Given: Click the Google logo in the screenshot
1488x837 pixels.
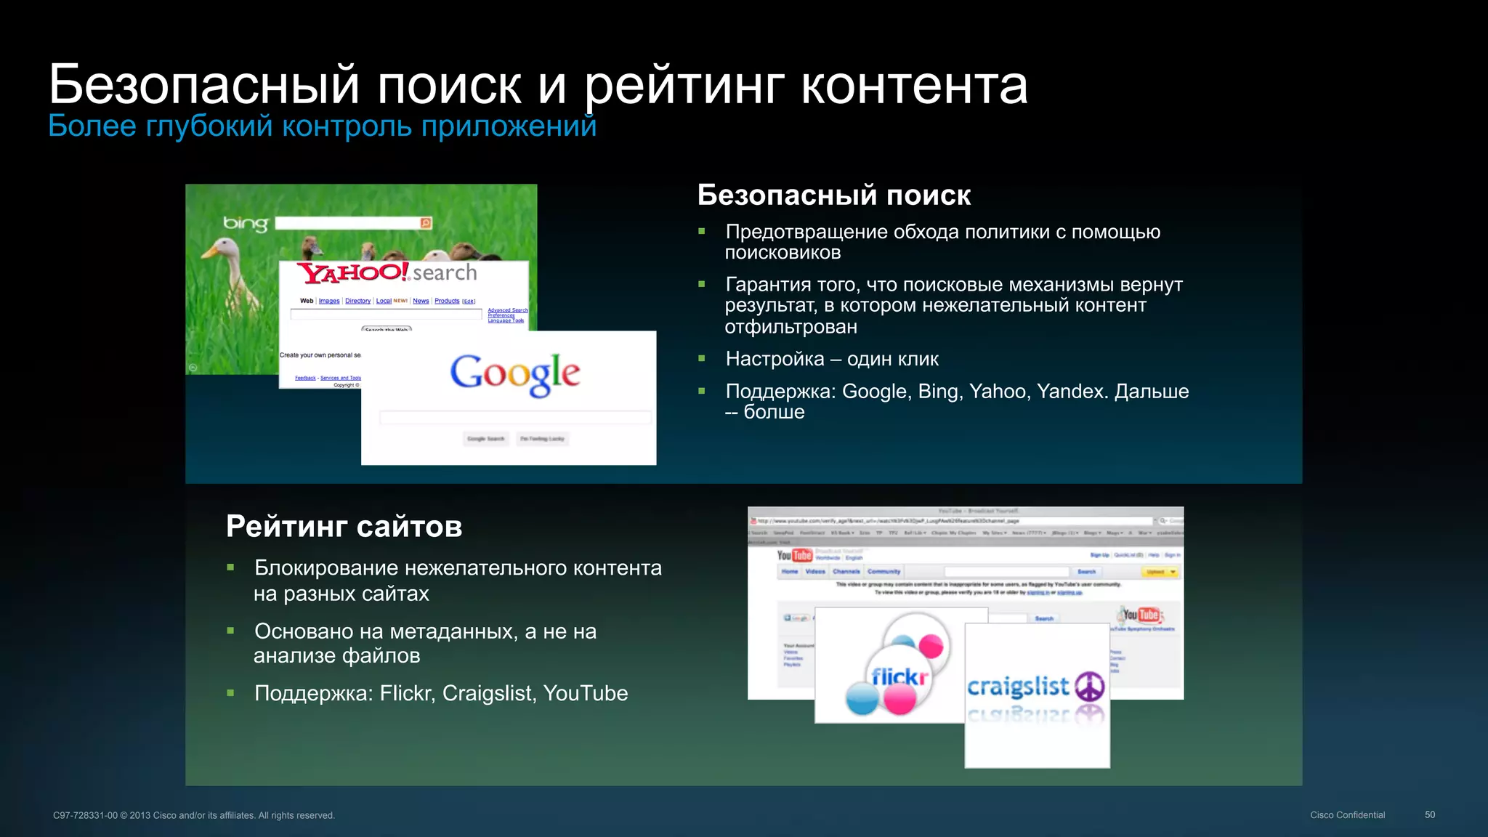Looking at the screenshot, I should [x=514, y=374].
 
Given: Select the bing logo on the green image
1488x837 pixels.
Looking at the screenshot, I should [x=246, y=224].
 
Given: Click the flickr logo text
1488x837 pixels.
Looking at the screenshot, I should [x=899, y=677].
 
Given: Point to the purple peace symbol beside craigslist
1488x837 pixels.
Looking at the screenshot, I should [x=1089, y=686].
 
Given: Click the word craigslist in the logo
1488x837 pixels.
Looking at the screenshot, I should [x=1018, y=686].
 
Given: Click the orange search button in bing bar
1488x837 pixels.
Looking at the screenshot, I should [x=426, y=223].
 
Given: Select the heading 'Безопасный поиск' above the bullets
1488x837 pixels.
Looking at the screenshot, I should [x=833, y=195].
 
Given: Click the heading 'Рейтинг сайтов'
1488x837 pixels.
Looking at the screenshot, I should [x=344, y=527].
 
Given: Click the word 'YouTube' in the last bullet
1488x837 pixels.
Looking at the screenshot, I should [x=585, y=693].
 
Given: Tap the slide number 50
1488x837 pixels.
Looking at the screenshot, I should [x=1429, y=814].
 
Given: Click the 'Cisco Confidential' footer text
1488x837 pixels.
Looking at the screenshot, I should [x=1347, y=815].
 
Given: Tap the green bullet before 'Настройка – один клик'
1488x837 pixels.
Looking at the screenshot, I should [x=702, y=358].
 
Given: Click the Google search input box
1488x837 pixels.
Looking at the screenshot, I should [x=515, y=417].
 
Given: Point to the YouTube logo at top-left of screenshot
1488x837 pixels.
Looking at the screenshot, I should [x=794, y=555].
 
